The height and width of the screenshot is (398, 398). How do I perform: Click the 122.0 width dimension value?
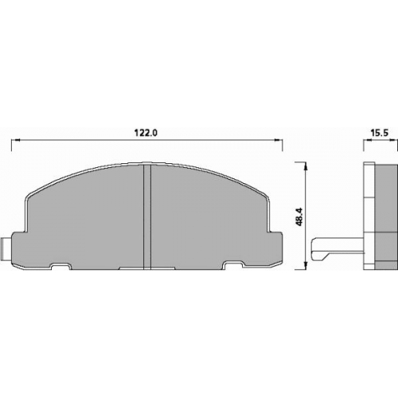click(146, 132)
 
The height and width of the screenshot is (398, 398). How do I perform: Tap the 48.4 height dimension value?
click(299, 217)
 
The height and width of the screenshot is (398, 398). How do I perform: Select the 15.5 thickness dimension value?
click(380, 133)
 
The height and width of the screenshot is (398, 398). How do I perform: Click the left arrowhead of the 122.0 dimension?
click(14, 140)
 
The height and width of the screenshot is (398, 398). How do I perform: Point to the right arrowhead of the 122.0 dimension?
click(279, 140)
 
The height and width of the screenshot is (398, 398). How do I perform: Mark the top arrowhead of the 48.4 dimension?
click(306, 166)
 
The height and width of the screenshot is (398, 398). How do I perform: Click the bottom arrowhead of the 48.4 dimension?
click(306, 266)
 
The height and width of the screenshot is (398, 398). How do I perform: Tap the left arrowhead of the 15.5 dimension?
click(367, 141)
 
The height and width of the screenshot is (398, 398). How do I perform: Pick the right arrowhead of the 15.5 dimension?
click(394, 141)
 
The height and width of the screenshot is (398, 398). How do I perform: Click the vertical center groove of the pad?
click(147, 217)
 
